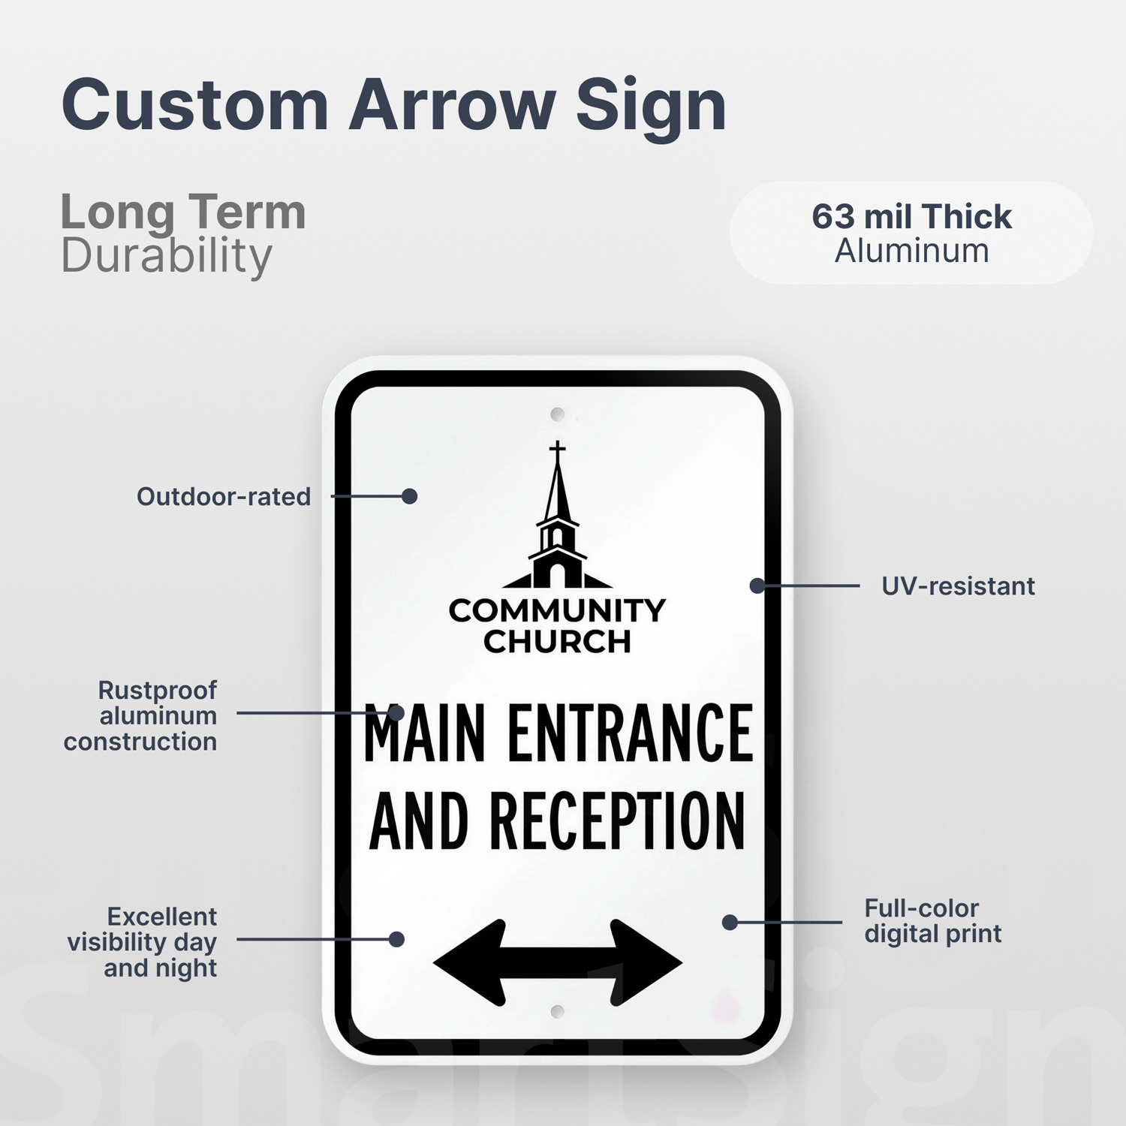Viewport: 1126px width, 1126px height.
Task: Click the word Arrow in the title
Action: pyautogui.click(x=452, y=104)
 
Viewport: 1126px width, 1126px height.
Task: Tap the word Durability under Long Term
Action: pyautogui.click(x=166, y=256)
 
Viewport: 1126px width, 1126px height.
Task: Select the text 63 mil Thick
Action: pyautogui.click(x=911, y=216)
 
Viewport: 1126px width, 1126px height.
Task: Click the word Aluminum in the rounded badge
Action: pyautogui.click(x=911, y=251)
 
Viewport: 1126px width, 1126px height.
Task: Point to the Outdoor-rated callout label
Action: pyautogui.click(x=224, y=496)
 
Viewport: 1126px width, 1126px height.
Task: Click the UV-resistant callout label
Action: pyautogui.click(x=958, y=586)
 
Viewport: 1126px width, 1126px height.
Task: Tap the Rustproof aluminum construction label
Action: pyautogui.click(x=140, y=715)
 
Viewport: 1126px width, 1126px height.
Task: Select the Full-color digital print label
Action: pyautogui.click(x=932, y=920)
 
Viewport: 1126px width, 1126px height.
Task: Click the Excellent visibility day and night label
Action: pyautogui.click(x=142, y=941)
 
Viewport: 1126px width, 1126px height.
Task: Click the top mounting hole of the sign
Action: pyautogui.click(x=557, y=414)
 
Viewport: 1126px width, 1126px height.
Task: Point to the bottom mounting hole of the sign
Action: pyautogui.click(x=557, y=1011)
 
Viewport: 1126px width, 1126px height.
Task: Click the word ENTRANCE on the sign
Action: pyautogui.click(x=631, y=733)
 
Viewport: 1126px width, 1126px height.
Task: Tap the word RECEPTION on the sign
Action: pyautogui.click(x=617, y=820)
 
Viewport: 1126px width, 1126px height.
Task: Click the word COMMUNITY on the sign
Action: pyautogui.click(x=557, y=610)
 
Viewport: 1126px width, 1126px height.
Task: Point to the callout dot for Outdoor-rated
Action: pyautogui.click(x=409, y=496)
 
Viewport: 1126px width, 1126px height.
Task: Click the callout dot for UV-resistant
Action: pyautogui.click(x=757, y=586)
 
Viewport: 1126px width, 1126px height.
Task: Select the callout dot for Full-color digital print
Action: pyautogui.click(x=730, y=922)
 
